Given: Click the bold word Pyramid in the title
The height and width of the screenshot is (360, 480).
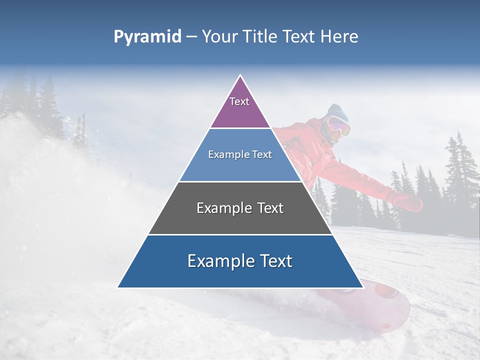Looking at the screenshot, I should tap(147, 37).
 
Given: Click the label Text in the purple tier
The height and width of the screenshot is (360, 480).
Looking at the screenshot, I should tap(239, 101).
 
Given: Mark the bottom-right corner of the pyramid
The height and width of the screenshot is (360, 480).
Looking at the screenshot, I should tap(362, 287).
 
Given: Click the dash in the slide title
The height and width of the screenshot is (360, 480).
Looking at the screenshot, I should tap(191, 37).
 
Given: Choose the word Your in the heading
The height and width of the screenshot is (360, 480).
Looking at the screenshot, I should tap(219, 36).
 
